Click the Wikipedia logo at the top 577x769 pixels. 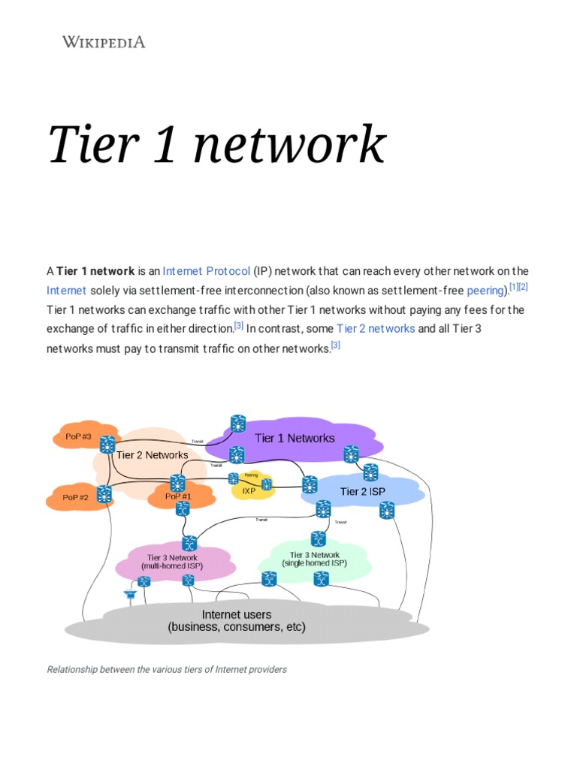coord(103,42)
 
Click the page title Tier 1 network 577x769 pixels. coord(216,144)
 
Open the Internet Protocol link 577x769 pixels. coord(206,270)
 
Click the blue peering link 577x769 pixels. coord(485,290)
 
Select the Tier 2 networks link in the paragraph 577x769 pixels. coord(375,328)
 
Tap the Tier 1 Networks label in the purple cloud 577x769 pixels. coord(295,438)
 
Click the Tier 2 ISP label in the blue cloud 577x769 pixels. coord(362,491)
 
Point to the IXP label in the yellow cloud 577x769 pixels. coord(248,490)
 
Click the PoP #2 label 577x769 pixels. coord(75,497)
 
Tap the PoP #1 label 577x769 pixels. coord(179,496)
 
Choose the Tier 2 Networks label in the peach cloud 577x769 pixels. coord(152,455)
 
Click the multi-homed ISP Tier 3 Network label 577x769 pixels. coord(172,562)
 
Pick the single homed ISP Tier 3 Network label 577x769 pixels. coord(314,559)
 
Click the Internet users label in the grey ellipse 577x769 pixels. coord(237,620)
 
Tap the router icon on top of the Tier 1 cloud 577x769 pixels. coord(238,424)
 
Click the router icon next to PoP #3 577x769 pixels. coord(107,443)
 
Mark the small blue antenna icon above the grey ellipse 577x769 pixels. coord(130,595)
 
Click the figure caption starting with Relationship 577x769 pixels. coord(167,669)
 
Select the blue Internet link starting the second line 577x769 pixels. coord(66,290)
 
